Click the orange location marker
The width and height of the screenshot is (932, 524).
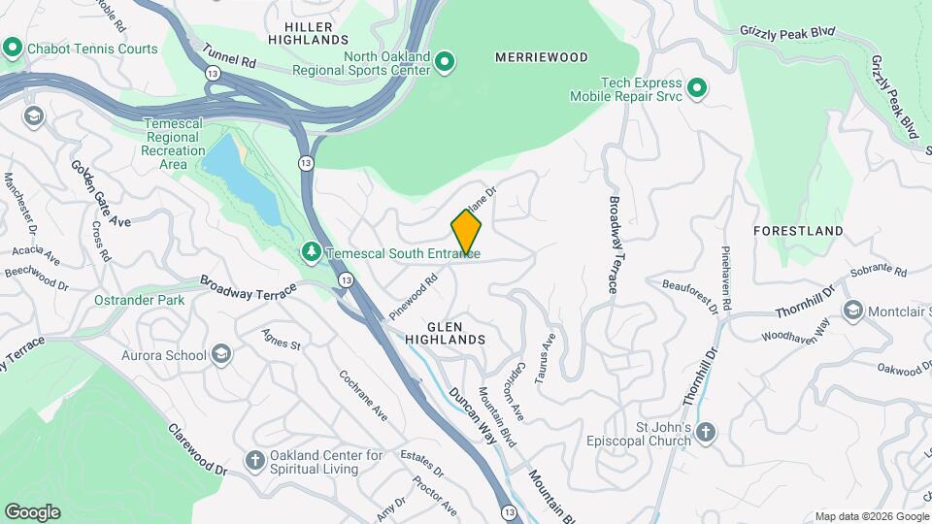[466, 233]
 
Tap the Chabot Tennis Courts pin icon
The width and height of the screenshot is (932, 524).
[13, 47]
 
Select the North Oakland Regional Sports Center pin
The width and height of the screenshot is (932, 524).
[445, 64]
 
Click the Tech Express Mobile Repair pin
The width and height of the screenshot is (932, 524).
[696, 90]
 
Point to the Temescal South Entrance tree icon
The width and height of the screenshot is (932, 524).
[311, 252]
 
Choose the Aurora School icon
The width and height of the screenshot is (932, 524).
[221, 355]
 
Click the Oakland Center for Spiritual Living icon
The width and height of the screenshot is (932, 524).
[254, 459]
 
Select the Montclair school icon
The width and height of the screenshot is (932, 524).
[852, 311]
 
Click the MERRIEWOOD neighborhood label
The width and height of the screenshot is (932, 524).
[542, 57]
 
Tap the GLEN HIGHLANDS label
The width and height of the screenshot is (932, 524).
[446, 333]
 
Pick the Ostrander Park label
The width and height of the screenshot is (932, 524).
[139, 300]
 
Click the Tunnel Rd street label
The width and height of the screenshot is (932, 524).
[230, 54]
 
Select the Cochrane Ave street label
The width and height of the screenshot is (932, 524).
[363, 396]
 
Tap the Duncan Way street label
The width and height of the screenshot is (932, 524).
[473, 416]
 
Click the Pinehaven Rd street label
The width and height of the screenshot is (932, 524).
[726, 278]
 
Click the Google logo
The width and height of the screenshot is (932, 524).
[32, 512]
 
